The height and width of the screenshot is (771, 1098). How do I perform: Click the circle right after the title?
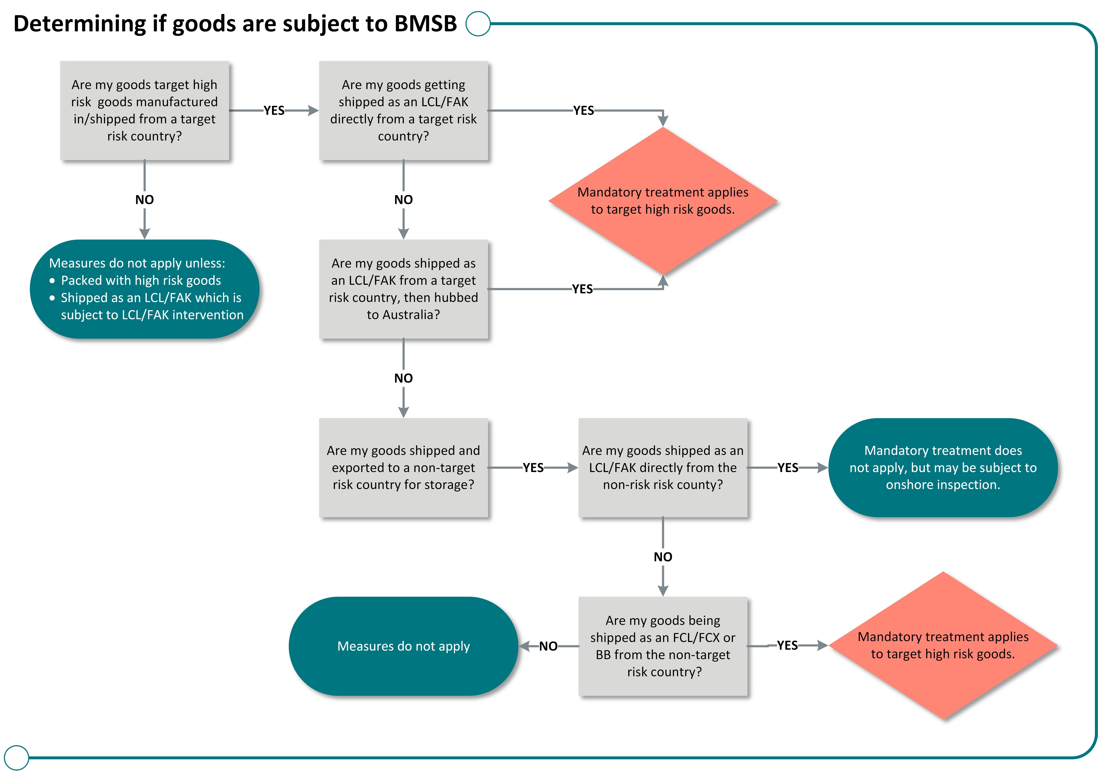[x=478, y=23]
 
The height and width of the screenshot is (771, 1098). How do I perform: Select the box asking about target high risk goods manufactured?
[x=144, y=110]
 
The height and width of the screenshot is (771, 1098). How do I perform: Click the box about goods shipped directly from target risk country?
[x=403, y=110]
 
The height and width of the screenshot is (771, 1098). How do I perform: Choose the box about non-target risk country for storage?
[x=403, y=467]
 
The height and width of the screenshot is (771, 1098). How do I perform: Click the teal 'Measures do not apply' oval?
[x=403, y=646]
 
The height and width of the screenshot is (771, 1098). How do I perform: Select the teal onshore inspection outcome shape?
[x=943, y=467]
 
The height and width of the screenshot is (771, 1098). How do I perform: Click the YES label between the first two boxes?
[x=274, y=110]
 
